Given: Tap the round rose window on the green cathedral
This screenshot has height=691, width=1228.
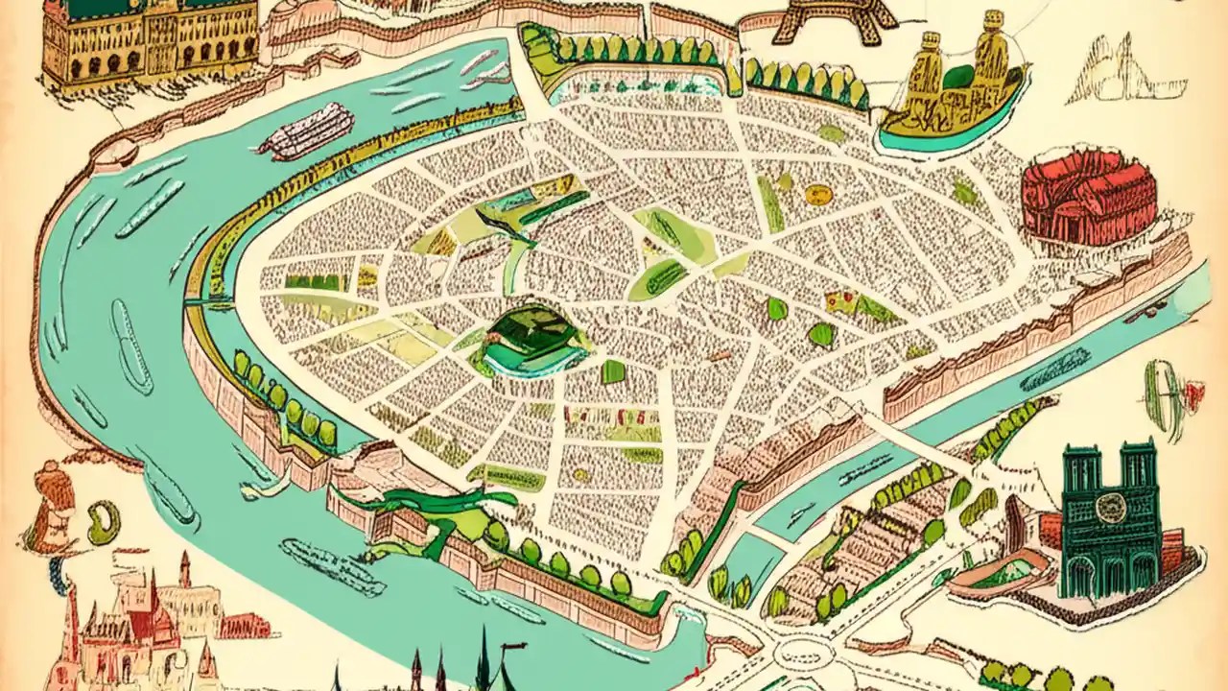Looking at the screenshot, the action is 1111,508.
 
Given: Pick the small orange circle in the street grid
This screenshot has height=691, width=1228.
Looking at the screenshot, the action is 817,195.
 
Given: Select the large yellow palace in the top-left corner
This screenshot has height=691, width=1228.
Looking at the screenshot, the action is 149,43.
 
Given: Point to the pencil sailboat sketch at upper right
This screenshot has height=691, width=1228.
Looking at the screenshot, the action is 1113,72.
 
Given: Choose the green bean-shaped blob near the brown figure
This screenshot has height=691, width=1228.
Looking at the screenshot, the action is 103,522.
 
